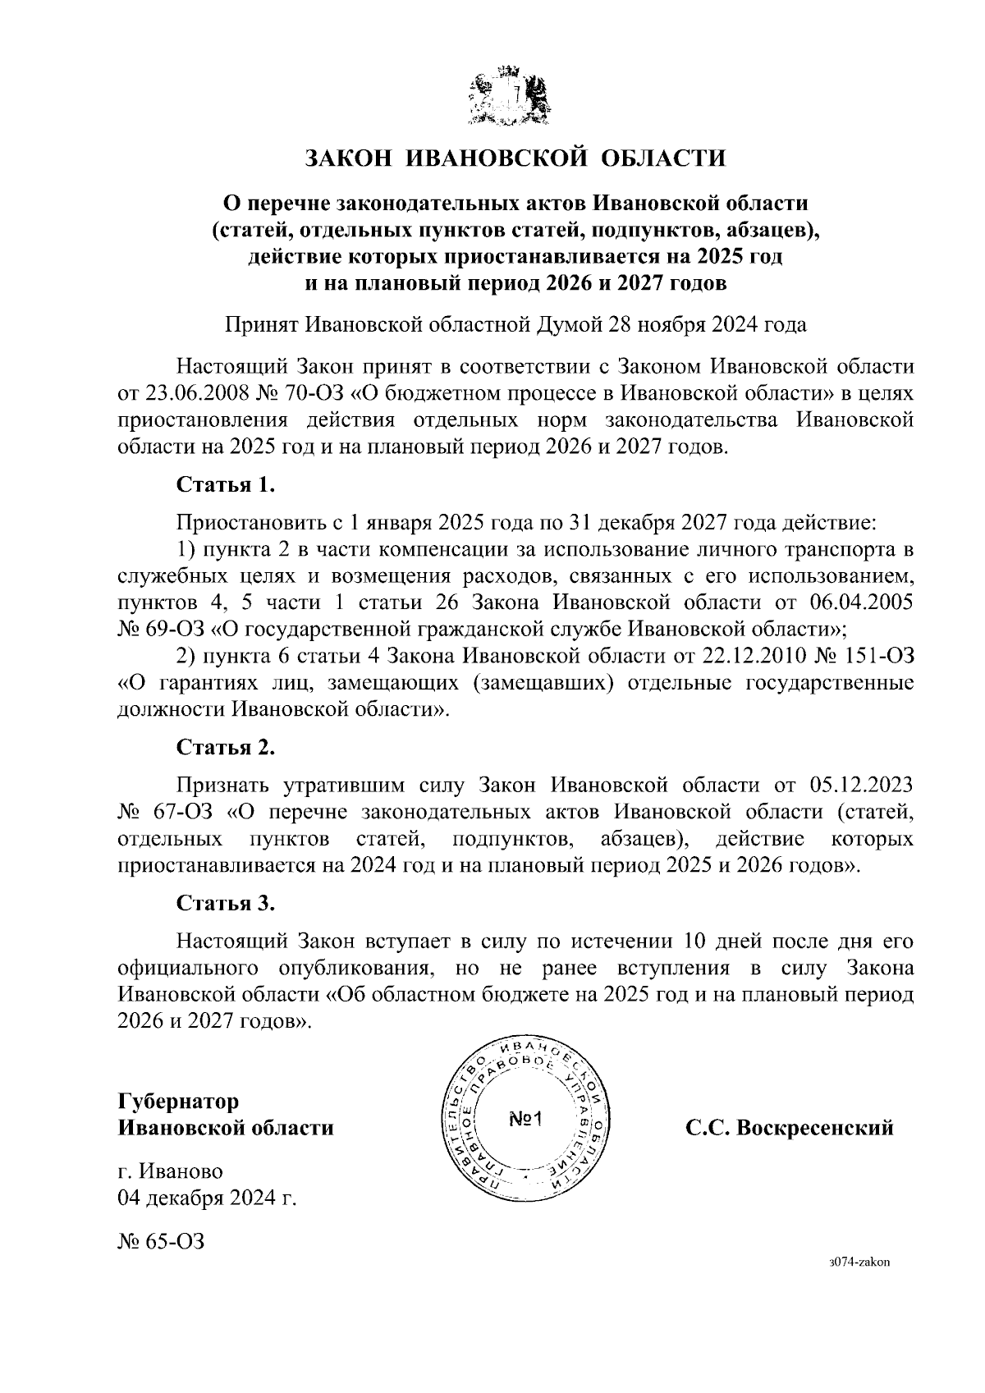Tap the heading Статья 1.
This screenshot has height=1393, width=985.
pos(226,484)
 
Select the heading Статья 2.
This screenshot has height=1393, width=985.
pos(226,748)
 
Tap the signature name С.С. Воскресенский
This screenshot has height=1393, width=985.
pos(790,1128)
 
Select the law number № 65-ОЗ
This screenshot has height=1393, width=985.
pos(161,1240)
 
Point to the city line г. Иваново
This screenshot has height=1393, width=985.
pos(170,1171)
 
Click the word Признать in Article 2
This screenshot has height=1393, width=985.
pos(219,786)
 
